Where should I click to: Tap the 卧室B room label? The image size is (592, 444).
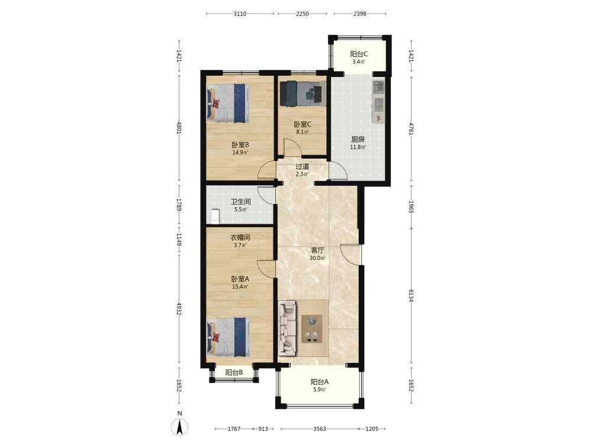point(240,144)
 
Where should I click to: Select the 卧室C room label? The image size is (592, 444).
point(303,124)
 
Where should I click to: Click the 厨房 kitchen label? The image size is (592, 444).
point(358,139)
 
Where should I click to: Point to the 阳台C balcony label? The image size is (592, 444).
point(359,54)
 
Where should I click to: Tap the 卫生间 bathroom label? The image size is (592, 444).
point(240,202)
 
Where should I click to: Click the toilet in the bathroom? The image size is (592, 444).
point(215,216)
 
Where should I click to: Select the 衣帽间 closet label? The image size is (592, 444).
point(240,237)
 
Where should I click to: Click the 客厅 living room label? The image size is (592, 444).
point(317,250)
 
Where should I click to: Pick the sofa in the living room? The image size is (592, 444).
point(287,328)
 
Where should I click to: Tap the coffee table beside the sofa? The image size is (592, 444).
point(312,329)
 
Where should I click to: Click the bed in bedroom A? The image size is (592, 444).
point(229,337)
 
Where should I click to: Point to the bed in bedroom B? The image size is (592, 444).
point(229,103)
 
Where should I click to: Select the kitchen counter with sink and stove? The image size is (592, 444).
point(378,102)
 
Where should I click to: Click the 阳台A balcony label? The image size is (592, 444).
point(320,382)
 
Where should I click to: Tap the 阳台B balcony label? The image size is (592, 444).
point(234,372)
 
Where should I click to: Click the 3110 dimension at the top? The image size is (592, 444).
point(240,14)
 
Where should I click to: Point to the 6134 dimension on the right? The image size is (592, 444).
point(411,297)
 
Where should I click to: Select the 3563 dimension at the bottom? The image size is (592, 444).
point(320,429)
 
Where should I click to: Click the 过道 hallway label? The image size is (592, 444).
point(302,166)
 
